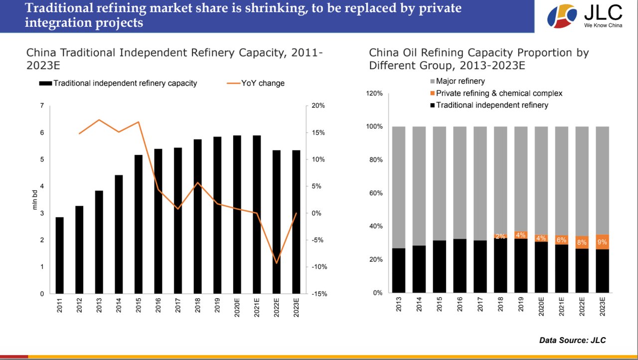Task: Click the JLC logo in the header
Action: click(585, 16)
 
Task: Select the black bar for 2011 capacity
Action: click(59, 255)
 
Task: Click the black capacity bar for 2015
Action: click(139, 224)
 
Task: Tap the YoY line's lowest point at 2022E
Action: click(276, 263)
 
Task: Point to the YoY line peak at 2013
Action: click(99, 120)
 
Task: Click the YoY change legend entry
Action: click(256, 83)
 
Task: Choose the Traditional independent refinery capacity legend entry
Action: click(118, 83)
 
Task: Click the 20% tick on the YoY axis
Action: click(318, 106)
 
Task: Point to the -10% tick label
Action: click(319, 267)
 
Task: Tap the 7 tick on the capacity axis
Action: click(42, 106)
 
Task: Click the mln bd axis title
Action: click(34, 199)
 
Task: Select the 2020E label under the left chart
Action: click(237, 308)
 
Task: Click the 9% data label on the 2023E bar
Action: click(602, 242)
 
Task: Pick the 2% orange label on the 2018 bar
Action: click(500, 236)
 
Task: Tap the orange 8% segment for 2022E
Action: click(582, 242)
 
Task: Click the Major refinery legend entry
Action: click(458, 81)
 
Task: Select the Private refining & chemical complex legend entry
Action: click(496, 93)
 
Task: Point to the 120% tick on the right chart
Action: click(374, 93)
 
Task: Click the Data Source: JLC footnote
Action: click(573, 340)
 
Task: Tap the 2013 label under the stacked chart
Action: click(398, 304)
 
